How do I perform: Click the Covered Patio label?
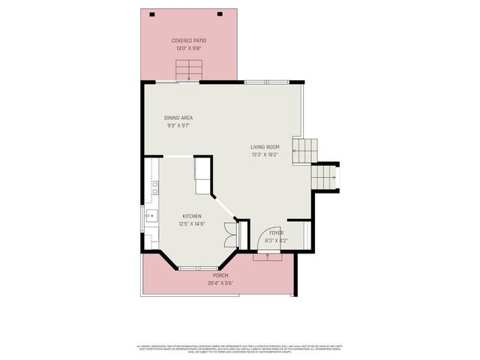pos(188,40)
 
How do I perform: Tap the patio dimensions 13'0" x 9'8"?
pos(188,48)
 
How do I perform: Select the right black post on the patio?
pos(220,13)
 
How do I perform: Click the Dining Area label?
pos(178,118)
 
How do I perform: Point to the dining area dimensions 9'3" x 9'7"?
pos(178,125)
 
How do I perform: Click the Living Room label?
pos(265,147)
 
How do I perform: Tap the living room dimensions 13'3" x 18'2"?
pos(265,154)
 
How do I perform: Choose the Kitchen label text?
pos(191,216)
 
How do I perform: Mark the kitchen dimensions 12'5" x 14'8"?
pos(191,223)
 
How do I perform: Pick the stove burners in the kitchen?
pos(154,188)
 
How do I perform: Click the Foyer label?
pos(276,233)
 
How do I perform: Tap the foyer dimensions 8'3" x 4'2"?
pos(276,241)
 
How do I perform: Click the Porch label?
pos(220,275)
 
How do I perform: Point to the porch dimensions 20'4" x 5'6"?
pos(220,283)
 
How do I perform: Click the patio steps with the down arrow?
pos(188,72)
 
